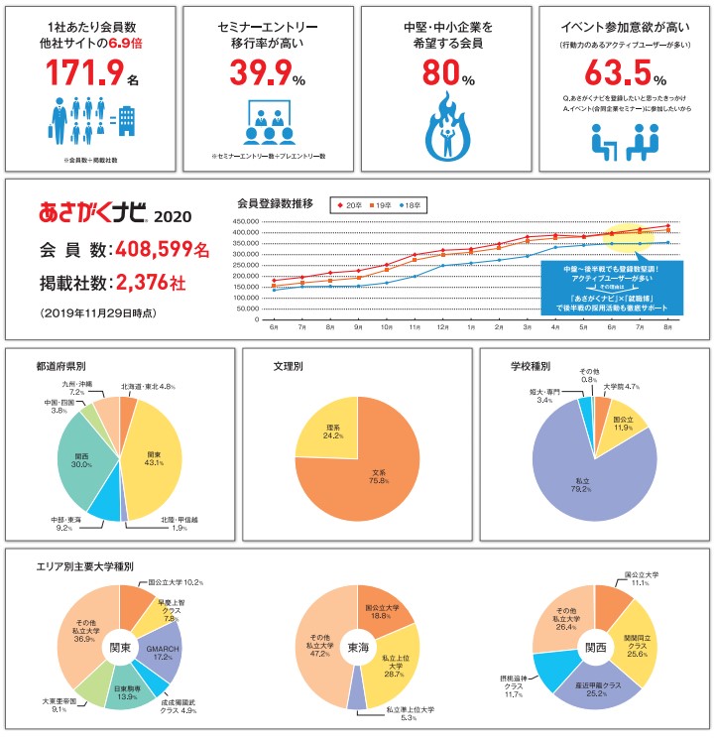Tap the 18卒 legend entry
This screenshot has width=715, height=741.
coord(410,205)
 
